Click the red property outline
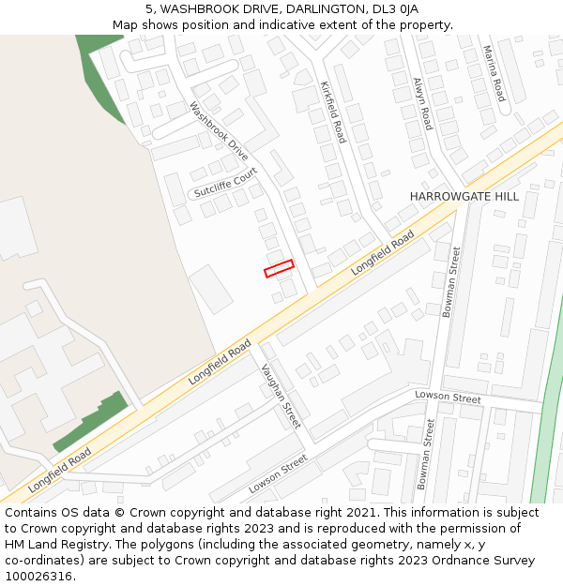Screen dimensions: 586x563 (279, 268)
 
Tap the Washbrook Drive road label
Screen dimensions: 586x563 (220, 131)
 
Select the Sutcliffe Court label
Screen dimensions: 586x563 (225, 184)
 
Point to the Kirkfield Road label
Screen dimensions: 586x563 (333, 112)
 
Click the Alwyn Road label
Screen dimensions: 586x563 (423, 103)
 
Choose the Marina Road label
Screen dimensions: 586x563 (495, 73)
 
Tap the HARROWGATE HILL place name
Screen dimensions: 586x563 (464, 196)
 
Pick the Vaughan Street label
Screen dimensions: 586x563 (281, 396)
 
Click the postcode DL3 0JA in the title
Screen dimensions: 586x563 (397, 9)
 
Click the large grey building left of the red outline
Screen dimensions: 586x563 (212, 289)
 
